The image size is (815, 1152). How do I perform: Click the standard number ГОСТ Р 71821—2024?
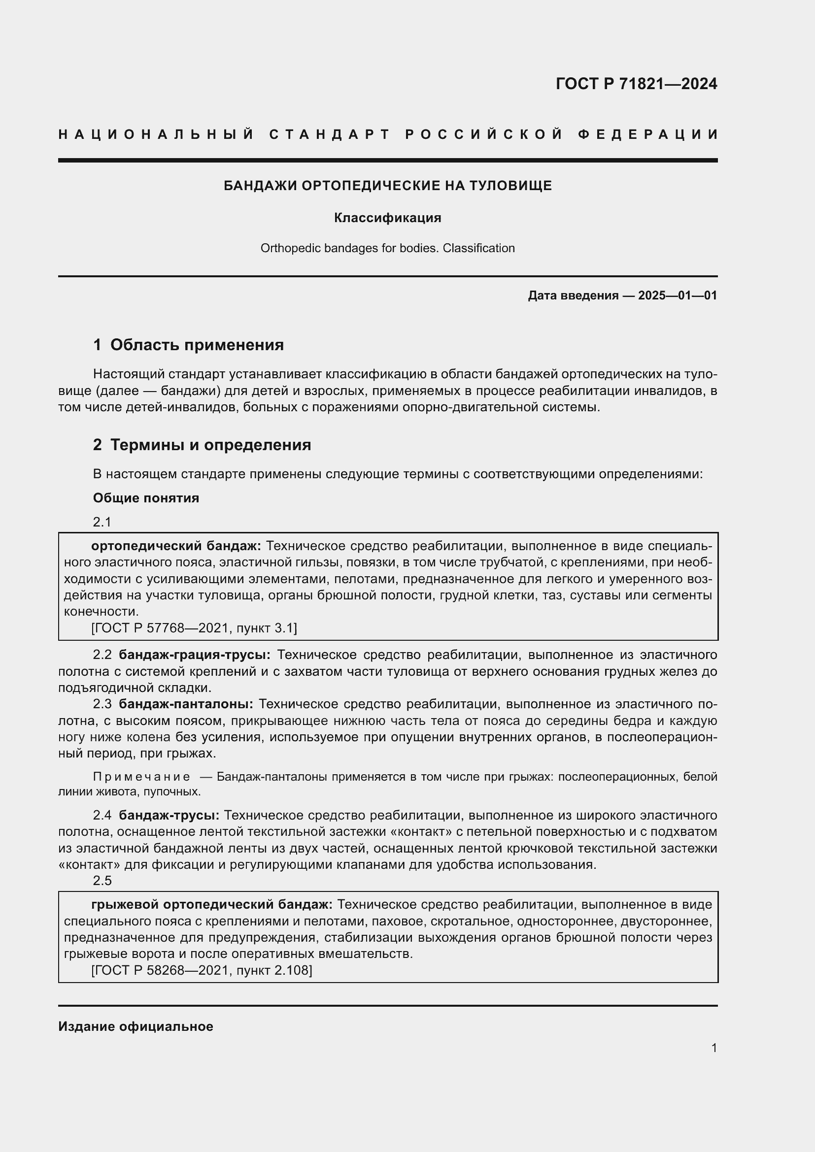(x=636, y=83)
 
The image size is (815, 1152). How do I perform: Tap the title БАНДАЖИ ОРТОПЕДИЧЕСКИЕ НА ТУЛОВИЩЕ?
(x=387, y=186)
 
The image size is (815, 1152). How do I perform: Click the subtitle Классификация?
(x=387, y=218)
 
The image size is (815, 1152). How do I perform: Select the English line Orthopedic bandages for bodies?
(x=387, y=248)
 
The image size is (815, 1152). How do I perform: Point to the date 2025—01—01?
(x=678, y=296)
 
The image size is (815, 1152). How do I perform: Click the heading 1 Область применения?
(x=188, y=345)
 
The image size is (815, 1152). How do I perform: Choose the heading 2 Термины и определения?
(x=202, y=445)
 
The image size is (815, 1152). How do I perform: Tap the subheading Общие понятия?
(x=146, y=498)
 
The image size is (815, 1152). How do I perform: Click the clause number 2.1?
(x=102, y=522)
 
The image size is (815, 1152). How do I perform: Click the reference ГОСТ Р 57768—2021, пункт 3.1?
(x=194, y=627)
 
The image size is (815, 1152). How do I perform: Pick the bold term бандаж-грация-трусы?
(x=195, y=655)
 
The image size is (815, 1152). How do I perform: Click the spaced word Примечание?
(x=141, y=777)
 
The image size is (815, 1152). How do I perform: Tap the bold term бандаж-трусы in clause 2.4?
(x=169, y=815)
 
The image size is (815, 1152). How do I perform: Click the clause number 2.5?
(x=102, y=881)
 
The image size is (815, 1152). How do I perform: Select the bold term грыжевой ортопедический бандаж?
(x=212, y=904)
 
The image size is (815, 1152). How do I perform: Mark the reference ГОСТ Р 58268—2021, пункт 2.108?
(x=202, y=970)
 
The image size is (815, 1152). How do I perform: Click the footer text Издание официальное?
(x=136, y=1026)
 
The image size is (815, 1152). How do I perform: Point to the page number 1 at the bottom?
(x=714, y=1048)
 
